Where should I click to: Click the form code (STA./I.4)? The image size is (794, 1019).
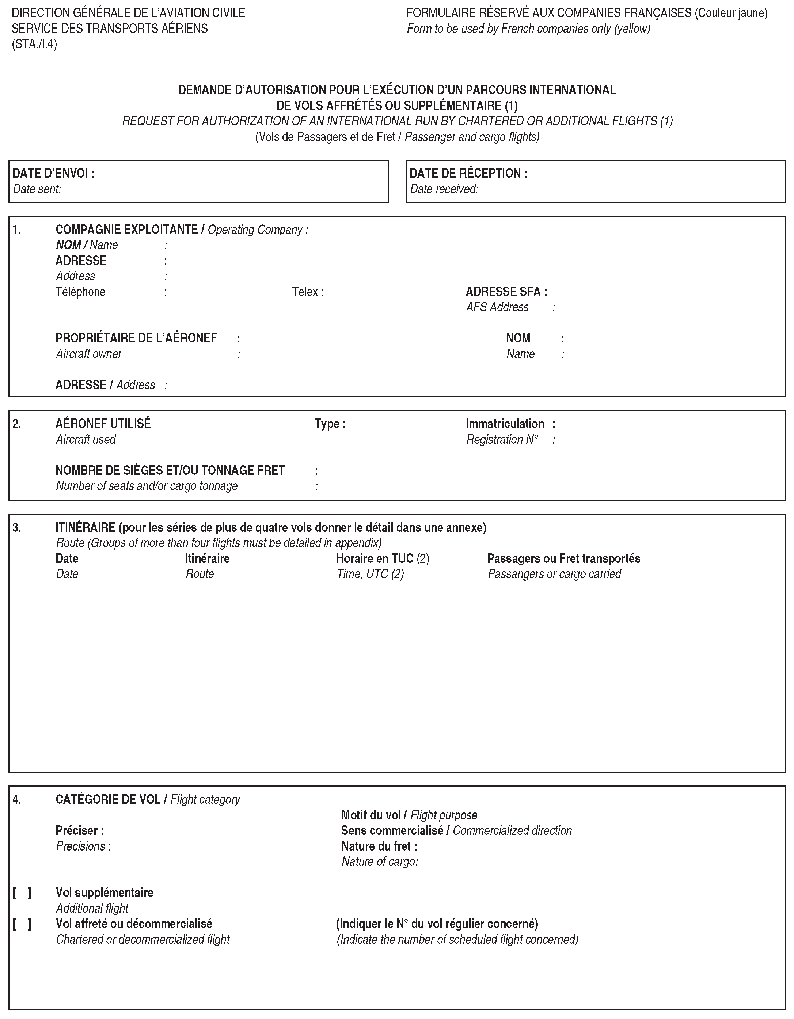(x=34, y=44)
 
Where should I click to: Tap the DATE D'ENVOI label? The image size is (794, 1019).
(x=53, y=173)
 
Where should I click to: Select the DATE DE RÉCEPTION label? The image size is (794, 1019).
(x=468, y=173)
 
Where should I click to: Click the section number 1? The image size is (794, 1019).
(x=16, y=230)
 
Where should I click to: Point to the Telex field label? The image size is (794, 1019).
(x=307, y=292)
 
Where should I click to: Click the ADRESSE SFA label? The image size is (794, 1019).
(x=506, y=292)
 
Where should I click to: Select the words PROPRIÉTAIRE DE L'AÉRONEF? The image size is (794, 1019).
(x=136, y=338)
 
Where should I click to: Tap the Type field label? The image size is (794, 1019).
(x=329, y=424)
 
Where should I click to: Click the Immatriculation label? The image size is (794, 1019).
(x=505, y=424)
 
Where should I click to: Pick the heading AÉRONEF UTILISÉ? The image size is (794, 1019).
(x=103, y=424)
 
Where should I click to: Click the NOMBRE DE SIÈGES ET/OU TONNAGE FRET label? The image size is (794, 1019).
(x=170, y=470)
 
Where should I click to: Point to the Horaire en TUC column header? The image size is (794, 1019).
(x=382, y=558)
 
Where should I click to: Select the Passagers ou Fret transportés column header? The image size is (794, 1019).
(x=563, y=558)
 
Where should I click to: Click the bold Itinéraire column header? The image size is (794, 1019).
(x=207, y=558)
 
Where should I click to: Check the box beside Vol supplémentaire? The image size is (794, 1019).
(x=22, y=893)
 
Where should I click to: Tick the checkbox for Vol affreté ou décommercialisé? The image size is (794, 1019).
(x=22, y=924)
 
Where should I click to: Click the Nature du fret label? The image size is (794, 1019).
(x=379, y=846)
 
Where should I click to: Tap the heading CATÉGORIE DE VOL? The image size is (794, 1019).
(x=108, y=800)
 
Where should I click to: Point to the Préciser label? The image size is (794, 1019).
(x=79, y=830)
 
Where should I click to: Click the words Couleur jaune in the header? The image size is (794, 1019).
(x=730, y=13)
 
